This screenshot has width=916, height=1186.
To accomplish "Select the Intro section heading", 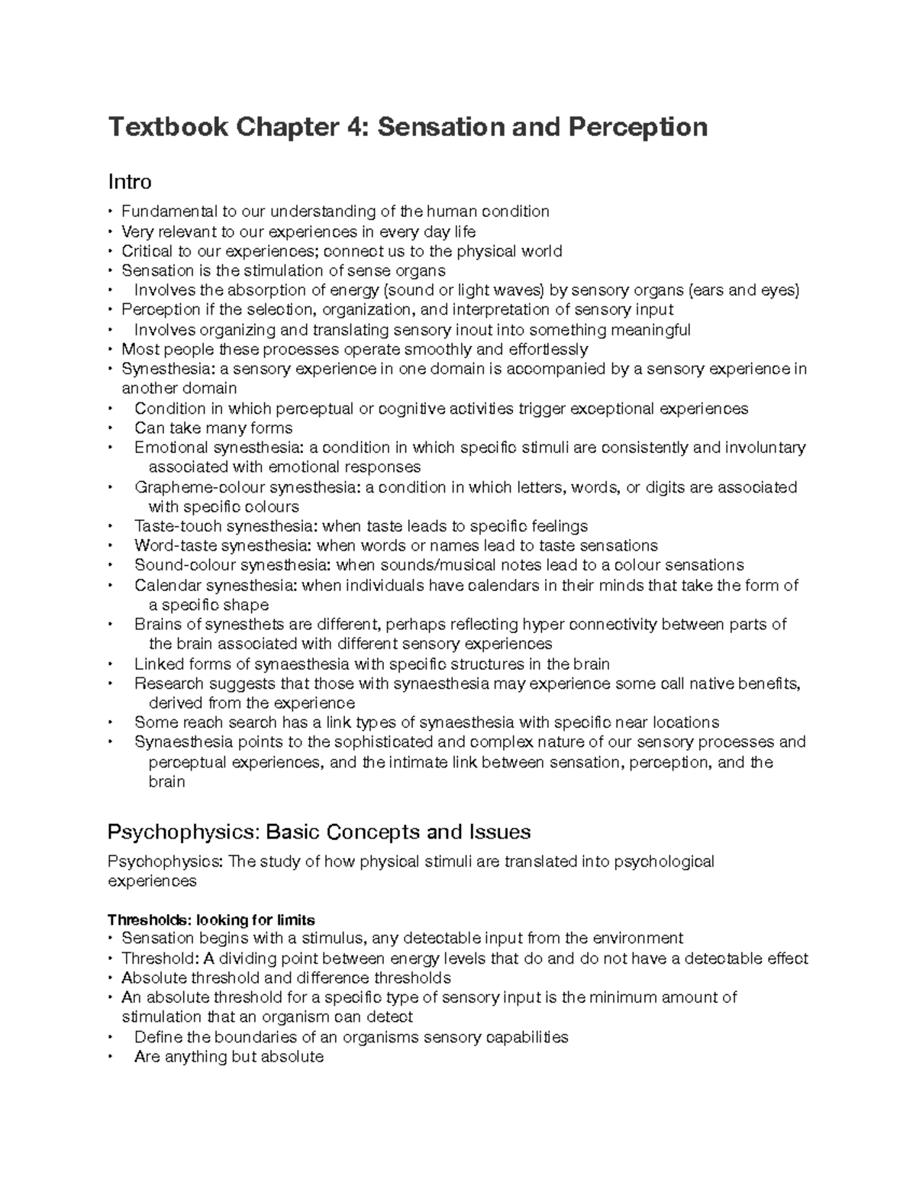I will [130, 182].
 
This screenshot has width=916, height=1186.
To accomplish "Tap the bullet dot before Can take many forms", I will [111, 428].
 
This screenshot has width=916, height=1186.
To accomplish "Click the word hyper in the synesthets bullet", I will [540, 625].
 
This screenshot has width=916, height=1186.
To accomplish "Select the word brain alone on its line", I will [166, 782].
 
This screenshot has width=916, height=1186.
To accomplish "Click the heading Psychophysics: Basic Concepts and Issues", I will [319, 831].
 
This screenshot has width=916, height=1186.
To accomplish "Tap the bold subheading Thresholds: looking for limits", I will [211, 919].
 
